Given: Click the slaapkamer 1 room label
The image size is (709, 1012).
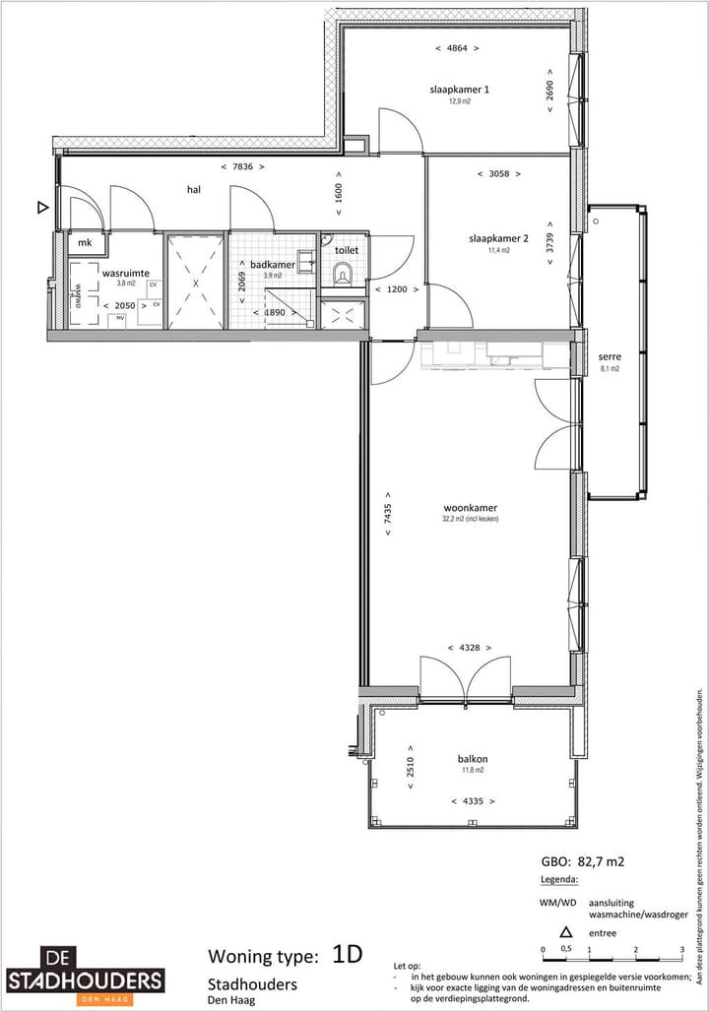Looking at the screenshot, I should pyautogui.click(x=459, y=90).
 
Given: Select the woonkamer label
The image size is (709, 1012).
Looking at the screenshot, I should pyautogui.click(x=470, y=508).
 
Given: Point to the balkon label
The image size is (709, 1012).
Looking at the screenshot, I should pyautogui.click(x=473, y=759).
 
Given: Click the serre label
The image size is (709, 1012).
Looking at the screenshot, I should pyautogui.click(x=610, y=357).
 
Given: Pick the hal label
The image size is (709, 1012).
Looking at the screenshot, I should pyautogui.click(x=194, y=189).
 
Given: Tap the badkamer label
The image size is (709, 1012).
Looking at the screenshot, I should pyautogui.click(x=273, y=264).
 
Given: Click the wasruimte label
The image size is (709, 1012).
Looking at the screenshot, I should pyautogui.click(x=125, y=272).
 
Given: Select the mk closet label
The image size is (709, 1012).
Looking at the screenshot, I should pyautogui.click(x=85, y=242).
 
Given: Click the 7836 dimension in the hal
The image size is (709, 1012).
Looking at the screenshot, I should pyautogui.click(x=242, y=167).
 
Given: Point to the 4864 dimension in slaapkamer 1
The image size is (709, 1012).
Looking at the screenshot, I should pyautogui.click(x=457, y=47).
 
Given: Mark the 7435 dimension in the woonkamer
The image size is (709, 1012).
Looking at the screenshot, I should pyautogui.click(x=389, y=514).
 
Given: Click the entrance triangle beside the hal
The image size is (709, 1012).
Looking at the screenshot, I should pyautogui.click(x=41, y=208).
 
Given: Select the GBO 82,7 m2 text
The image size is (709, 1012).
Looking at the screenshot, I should pyautogui.click(x=582, y=861).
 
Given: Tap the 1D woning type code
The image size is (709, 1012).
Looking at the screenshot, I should pyautogui.click(x=347, y=954).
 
